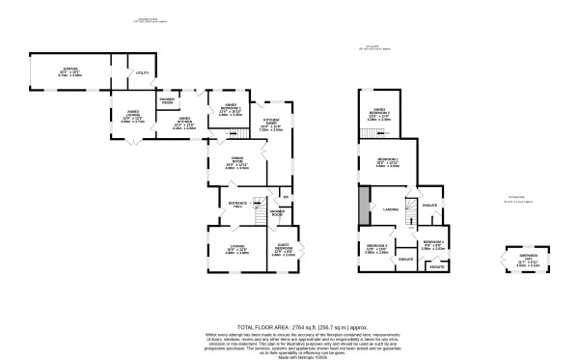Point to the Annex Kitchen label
[x=183, y=124]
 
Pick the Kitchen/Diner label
[x=270, y=125]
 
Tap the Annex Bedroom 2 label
[x=379, y=116]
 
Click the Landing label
[x=390, y=208]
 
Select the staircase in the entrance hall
[x=259, y=205]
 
